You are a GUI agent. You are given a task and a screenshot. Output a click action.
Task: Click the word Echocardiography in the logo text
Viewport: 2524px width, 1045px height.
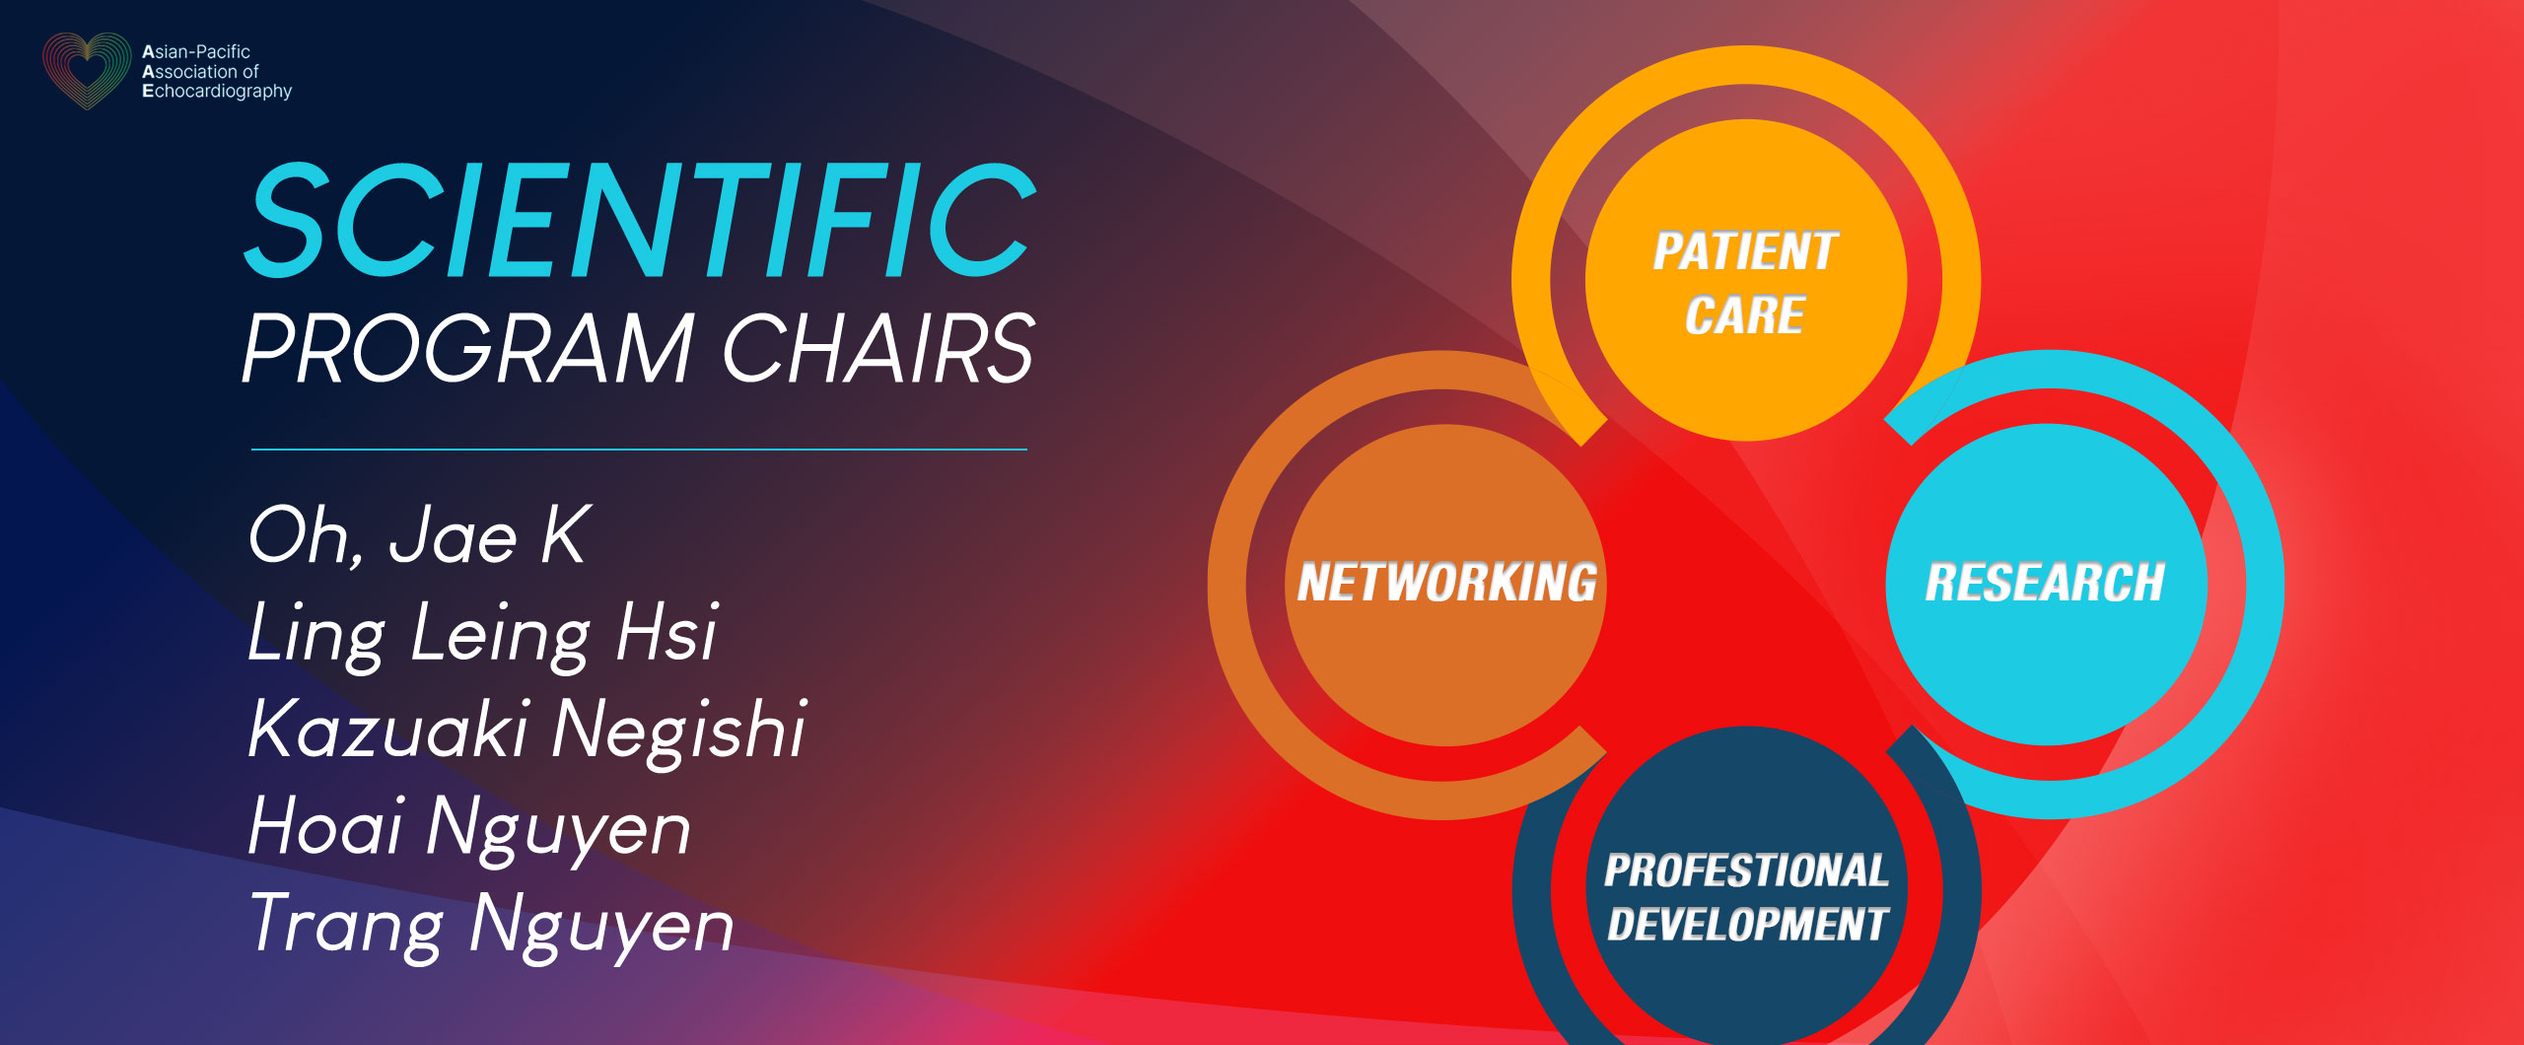(217, 92)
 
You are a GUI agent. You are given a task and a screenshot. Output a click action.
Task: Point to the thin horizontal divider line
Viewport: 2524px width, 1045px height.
(639, 450)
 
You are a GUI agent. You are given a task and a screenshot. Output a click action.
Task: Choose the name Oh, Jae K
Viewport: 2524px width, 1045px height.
(419, 535)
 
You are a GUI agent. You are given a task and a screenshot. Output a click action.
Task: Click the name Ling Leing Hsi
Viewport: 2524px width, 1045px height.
(482, 634)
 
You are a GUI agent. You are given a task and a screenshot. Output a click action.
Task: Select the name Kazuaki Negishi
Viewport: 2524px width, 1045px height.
(527, 731)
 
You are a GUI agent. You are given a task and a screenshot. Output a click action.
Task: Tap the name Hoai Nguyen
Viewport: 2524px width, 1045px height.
(469, 828)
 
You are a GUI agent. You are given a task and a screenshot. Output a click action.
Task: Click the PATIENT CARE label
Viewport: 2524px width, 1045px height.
(1745, 283)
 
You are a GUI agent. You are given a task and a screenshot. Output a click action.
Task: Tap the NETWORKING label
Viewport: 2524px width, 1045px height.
(1446, 582)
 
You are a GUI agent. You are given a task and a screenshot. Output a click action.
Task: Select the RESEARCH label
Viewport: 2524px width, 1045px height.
(2045, 582)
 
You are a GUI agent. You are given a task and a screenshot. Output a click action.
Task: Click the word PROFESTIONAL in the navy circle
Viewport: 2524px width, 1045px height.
(1746, 871)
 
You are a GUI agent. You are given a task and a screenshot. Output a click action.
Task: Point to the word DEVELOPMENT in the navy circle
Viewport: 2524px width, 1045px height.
(1747, 925)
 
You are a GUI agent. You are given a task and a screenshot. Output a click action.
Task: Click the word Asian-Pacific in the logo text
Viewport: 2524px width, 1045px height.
(196, 51)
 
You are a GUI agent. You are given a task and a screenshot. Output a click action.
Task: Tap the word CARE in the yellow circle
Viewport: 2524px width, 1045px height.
(1745, 315)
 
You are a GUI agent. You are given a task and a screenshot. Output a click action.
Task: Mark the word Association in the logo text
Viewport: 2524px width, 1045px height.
(188, 72)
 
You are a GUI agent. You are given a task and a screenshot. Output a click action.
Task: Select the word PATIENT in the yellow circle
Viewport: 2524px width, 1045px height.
(1745, 250)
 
